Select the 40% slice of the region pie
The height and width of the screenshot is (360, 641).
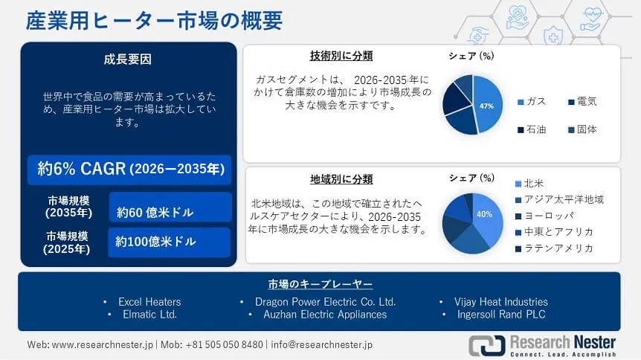487,216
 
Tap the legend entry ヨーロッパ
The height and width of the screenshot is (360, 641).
548,216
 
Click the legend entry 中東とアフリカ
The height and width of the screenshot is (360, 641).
558,232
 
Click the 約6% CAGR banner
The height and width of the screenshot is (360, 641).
130,170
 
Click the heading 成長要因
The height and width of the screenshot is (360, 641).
128,60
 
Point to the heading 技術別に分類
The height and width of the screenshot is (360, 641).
341,56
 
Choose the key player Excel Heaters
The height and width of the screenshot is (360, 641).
149,302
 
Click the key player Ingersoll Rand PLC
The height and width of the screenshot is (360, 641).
501,315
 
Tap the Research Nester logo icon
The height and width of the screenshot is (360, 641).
486,344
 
